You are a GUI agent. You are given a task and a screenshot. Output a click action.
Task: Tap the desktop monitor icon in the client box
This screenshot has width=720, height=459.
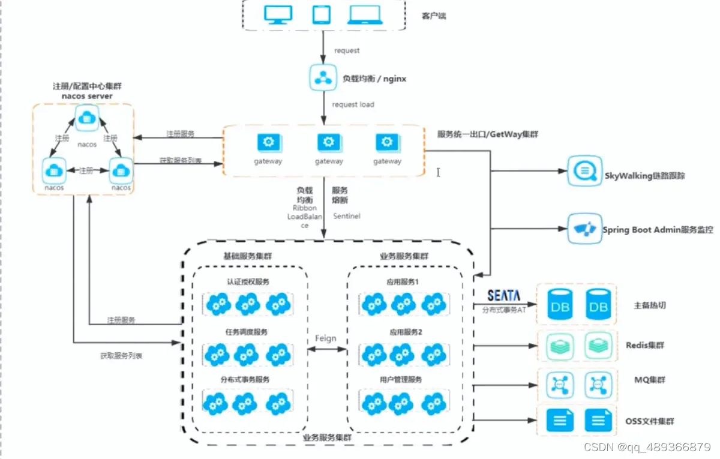point(278,15)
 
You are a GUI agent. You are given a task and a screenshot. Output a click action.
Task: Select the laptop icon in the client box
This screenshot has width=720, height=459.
point(364,15)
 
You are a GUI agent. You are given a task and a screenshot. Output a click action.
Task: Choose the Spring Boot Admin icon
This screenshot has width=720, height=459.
point(583,229)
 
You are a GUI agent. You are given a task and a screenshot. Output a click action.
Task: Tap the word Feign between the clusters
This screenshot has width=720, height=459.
point(326,338)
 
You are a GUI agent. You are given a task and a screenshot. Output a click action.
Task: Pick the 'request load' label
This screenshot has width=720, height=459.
point(353,104)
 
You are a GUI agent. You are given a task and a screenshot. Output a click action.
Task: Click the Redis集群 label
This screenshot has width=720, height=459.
point(645,345)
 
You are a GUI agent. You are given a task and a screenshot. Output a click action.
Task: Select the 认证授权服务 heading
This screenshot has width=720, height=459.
point(248,281)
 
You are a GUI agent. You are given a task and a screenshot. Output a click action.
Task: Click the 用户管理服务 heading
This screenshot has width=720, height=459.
point(401,379)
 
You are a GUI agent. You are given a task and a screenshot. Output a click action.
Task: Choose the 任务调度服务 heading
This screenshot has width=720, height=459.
point(248,332)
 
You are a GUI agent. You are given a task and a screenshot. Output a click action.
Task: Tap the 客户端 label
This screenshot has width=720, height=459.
point(434,16)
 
